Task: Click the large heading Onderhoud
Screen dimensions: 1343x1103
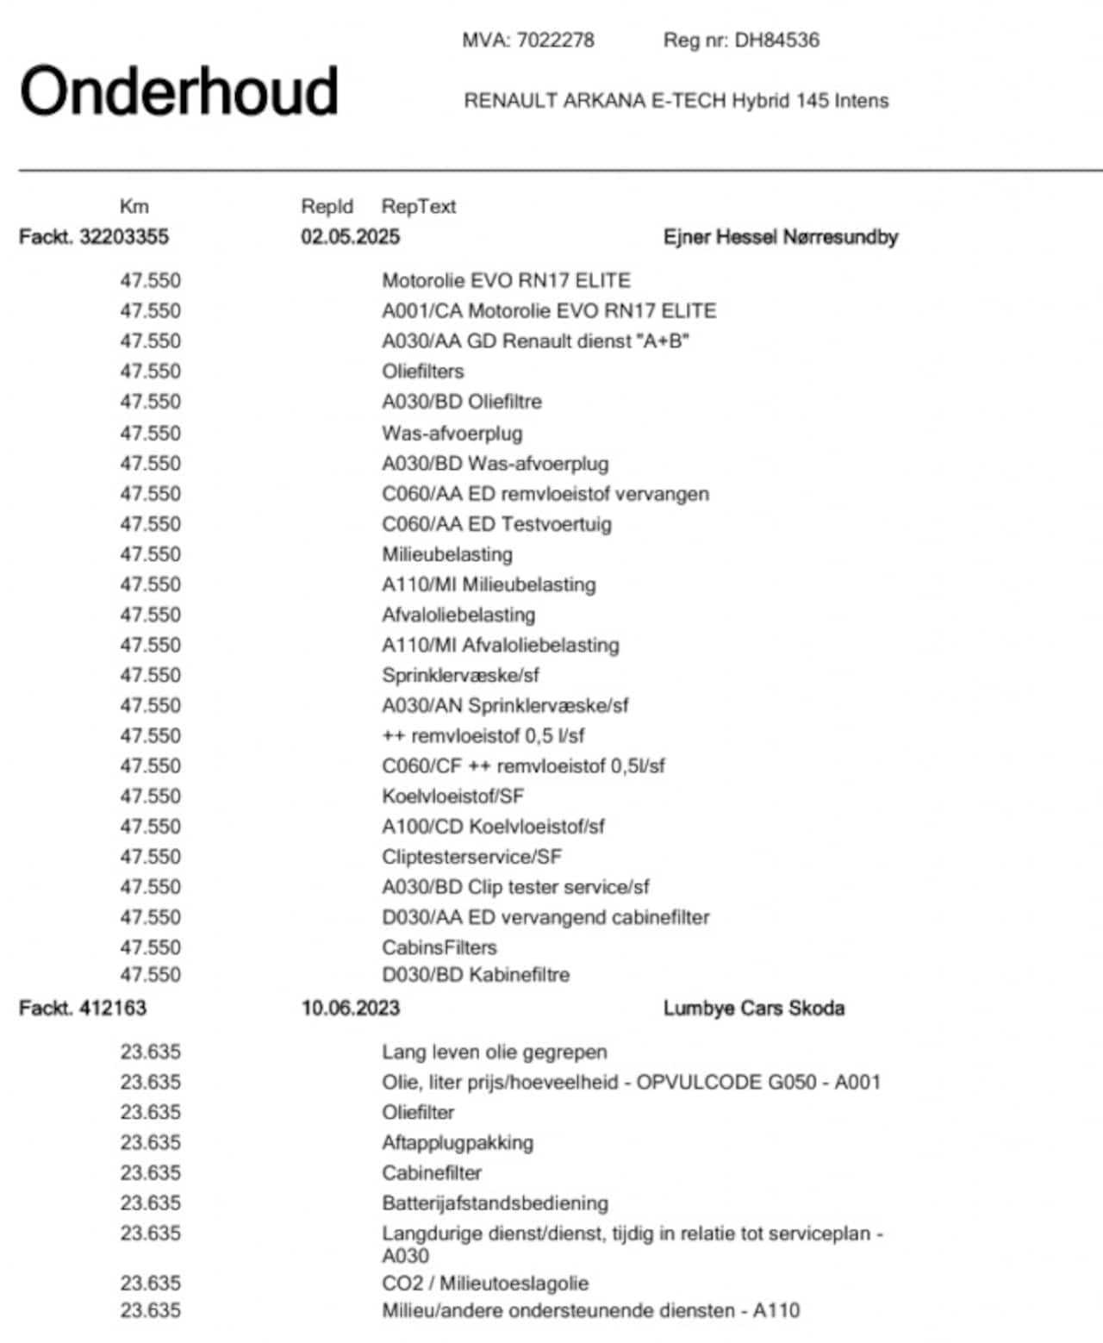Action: pyautogui.click(x=178, y=91)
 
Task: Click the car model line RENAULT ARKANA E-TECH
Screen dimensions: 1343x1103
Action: pyautogui.click(x=676, y=101)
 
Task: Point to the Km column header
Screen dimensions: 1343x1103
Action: pyautogui.click(x=134, y=207)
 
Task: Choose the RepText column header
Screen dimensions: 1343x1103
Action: pyautogui.click(x=418, y=207)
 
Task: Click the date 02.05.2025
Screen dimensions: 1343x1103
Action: pyautogui.click(x=350, y=237)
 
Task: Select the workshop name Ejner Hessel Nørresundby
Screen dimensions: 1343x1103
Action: pyautogui.click(x=780, y=237)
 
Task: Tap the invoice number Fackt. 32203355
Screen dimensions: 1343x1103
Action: pyautogui.click(x=94, y=237)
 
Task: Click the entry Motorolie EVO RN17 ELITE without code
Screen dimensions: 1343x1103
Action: pyautogui.click(x=506, y=281)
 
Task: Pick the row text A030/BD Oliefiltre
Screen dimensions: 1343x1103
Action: pyautogui.click(x=462, y=402)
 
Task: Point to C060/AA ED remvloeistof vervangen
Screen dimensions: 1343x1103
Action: pyautogui.click(x=545, y=494)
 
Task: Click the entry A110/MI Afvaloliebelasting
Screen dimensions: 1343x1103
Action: pyautogui.click(x=500, y=645)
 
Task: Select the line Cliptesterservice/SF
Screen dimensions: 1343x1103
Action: pyautogui.click(x=471, y=857)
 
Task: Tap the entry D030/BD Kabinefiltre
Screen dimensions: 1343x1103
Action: pyautogui.click(x=476, y=975)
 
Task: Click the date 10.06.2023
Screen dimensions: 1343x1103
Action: pyautogui.click(x=350, y=1008)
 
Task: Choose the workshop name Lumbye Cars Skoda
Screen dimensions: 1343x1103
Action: pyautogui.click(x=753, y=1008)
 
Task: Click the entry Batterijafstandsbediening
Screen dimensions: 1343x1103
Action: pyautogui.click(x=495, y=1203)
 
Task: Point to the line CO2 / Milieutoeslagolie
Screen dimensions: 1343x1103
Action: pyautogui.click(x=485, y=1284)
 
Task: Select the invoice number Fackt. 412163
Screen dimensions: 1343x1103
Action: pyautogui.click(x=83, y=1008)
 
